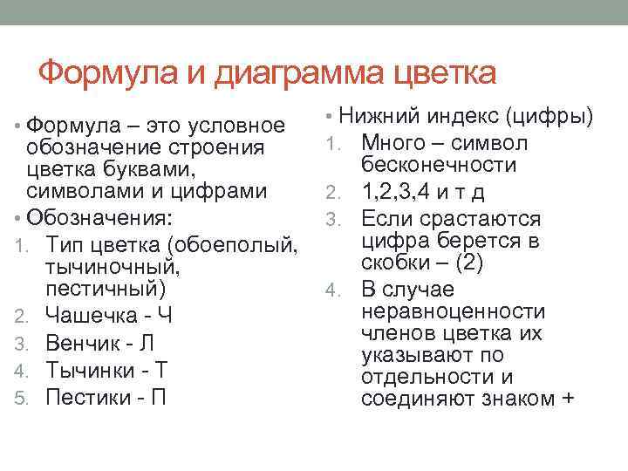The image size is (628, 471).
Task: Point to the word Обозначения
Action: [100, 215]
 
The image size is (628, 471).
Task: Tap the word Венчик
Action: [83, 343]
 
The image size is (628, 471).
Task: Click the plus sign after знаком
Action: [570, 399]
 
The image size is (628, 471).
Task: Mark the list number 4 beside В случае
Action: [331, 290]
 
